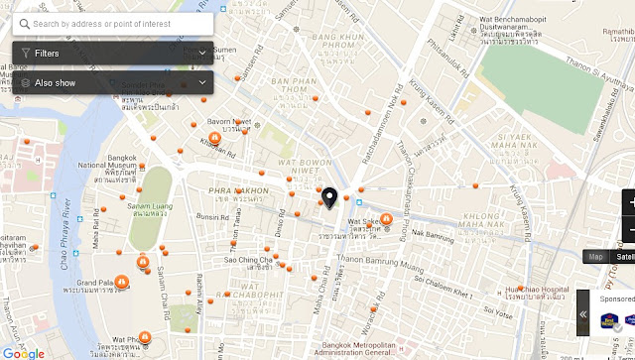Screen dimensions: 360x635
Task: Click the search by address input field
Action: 119,23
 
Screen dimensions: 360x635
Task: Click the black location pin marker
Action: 329,198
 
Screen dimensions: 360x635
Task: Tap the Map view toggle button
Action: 595,257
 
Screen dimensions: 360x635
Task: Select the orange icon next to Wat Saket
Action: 386,219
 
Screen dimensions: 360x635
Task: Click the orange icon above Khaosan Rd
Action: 214,138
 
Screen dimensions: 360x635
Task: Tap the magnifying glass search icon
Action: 24,23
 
